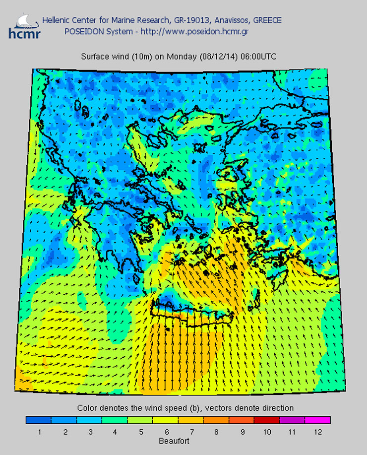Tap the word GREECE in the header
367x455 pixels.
[x=267, y=20]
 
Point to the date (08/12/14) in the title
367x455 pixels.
[x=219, y=57]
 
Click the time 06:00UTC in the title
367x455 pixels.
[x=258, y=57]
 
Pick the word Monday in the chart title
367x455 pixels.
[x=182, y=57]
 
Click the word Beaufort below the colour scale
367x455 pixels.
[x=174, y=441]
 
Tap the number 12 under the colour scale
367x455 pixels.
[x=317, y=432]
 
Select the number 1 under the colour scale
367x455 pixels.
[x=39, y=432]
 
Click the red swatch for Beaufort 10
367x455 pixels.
[x=267, y=420]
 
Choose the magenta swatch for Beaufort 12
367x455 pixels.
[x=317, y=420]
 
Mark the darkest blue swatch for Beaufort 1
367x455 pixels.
[x=39, y=420]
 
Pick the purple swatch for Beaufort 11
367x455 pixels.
[x=292, y=420]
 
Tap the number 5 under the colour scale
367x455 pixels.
[x=140, y=432]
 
